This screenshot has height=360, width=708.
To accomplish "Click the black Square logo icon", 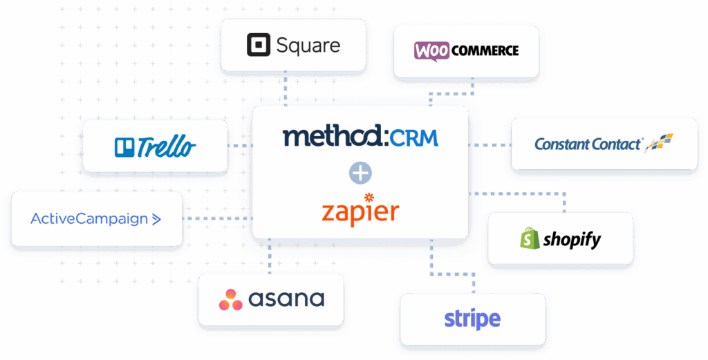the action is [x=259, y=45].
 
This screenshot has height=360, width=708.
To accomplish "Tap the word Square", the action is [x=308, y=46].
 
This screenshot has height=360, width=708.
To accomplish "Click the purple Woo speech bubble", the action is [x=431, y=51].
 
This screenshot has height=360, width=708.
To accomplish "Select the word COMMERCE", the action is [x=485, y=51].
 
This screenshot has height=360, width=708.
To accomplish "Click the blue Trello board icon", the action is [x=124, y=147].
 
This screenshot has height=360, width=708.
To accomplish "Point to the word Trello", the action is [x=167, y=146].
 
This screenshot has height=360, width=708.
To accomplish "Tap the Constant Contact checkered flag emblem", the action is [x=659, y=143].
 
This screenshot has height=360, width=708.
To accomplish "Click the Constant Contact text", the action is [x=588, y=144].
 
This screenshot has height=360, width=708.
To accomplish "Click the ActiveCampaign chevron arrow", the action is [x=156, y=219].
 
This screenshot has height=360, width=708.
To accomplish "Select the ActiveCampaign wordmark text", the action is [x=89, y=219].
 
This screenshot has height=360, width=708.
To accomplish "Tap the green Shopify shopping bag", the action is [x=530, y=238].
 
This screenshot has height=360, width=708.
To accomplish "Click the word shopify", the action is [x=572, y=240].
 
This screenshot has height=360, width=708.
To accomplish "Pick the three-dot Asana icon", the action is [x=231, y=300].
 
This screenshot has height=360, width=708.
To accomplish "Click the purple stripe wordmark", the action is [x=472, y=319].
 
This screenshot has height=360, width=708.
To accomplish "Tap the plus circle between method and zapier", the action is [x=360, y=173].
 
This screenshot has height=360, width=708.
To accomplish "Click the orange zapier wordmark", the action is [x=360, y=213].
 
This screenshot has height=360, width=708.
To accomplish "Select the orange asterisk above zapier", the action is [x=369, y=197].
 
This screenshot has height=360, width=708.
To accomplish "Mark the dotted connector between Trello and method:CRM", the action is [x=240, y=146].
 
